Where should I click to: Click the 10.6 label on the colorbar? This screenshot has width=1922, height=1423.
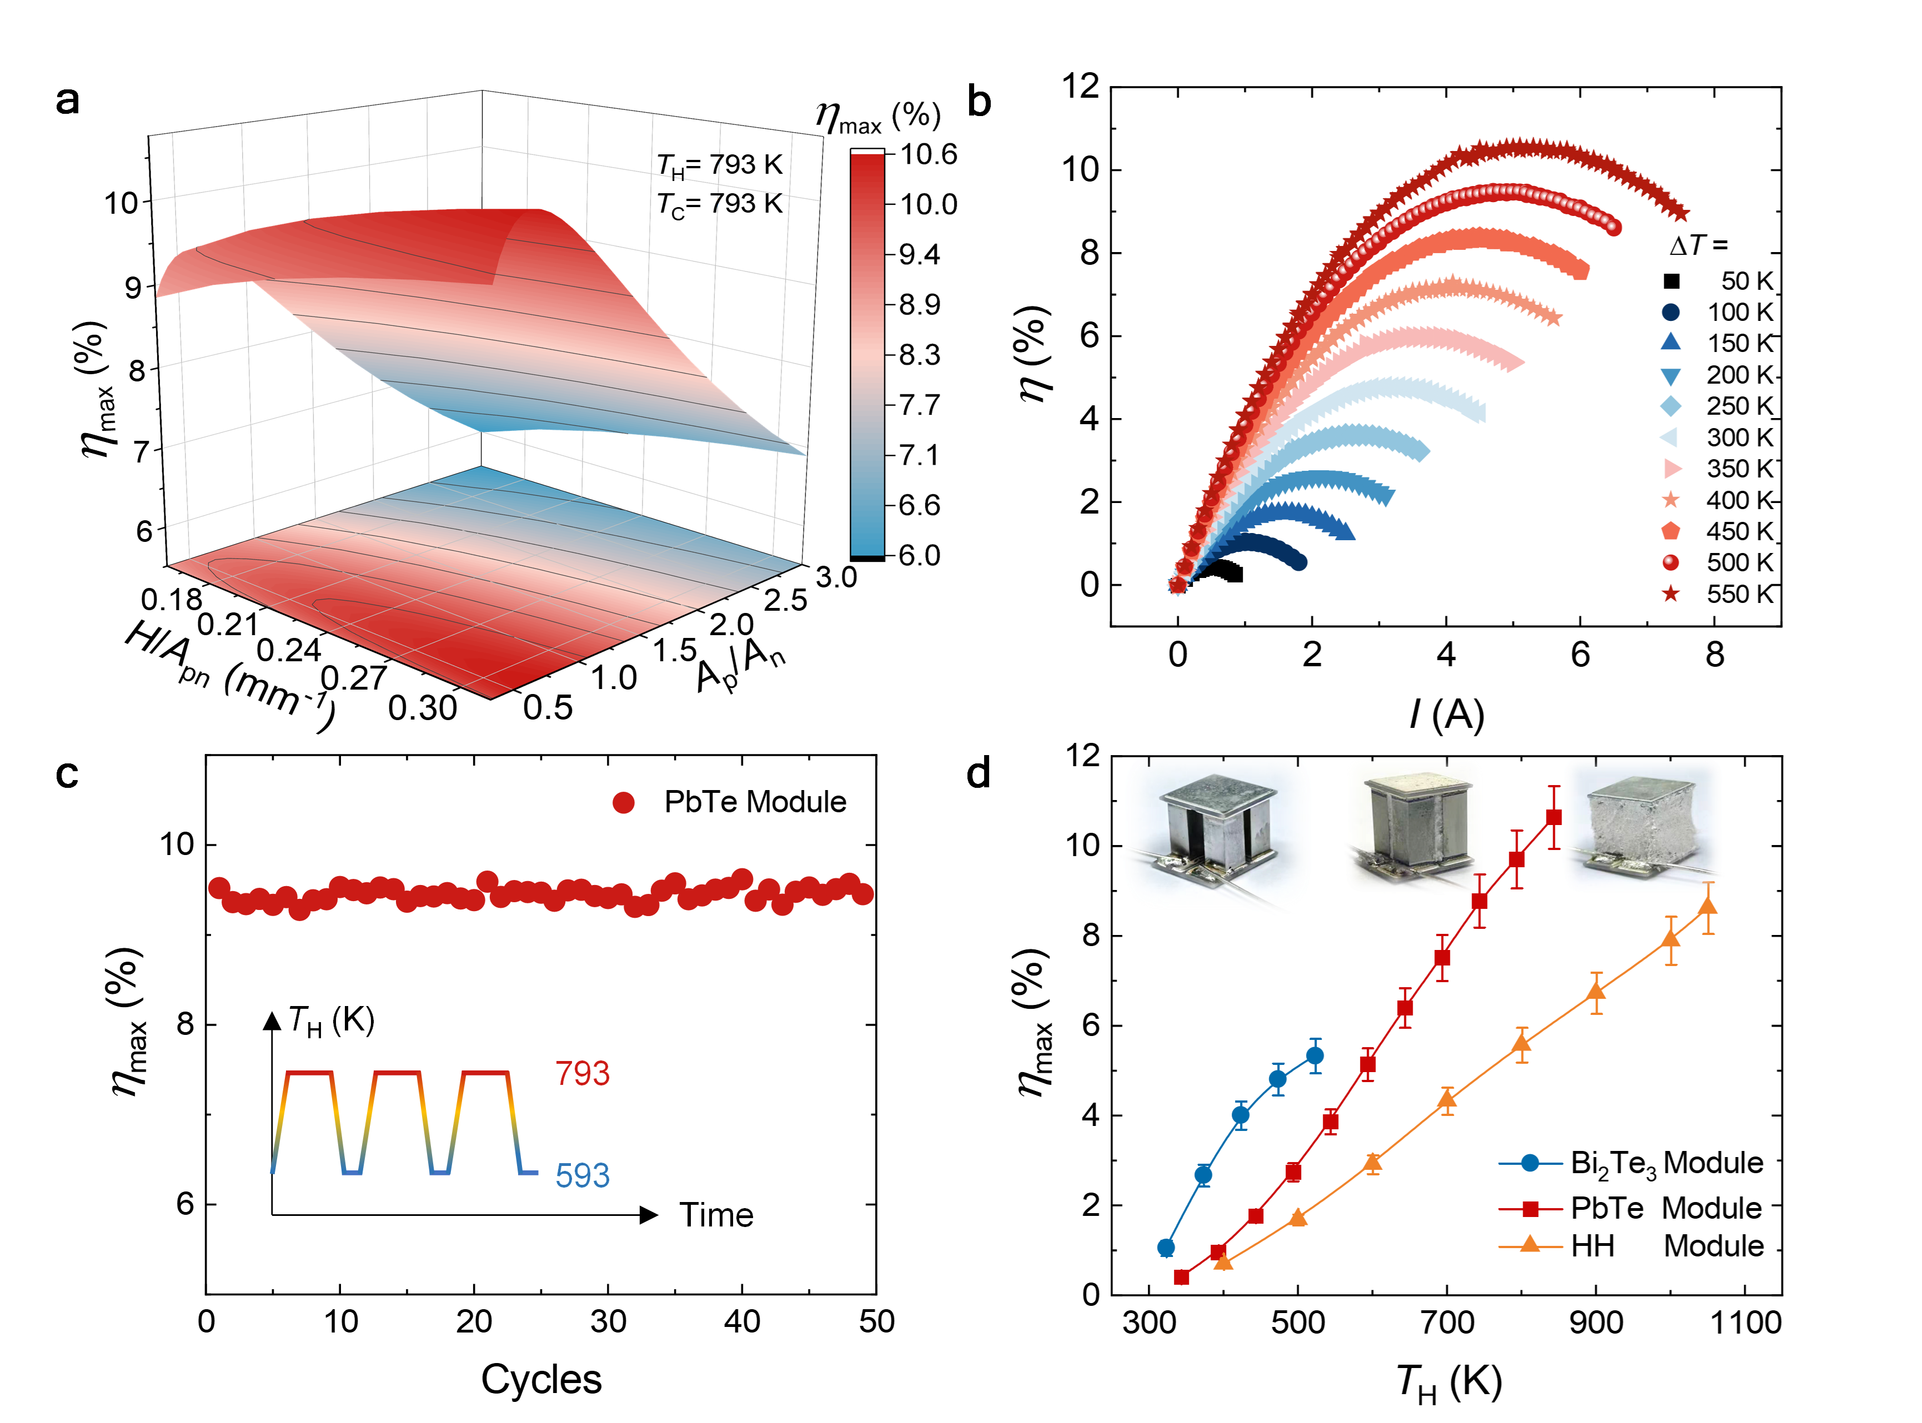tap(928, 154)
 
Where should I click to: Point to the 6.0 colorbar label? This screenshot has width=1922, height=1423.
tap(919, 555)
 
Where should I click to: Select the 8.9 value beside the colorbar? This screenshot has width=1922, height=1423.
tap(919, 304)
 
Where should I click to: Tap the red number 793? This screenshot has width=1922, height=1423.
tap(583, 1073)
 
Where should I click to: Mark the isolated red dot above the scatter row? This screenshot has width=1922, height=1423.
tap(623, 803)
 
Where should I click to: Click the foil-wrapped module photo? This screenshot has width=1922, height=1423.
tap(1642, 826)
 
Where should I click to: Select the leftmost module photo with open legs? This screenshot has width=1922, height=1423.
tap(1217, 831)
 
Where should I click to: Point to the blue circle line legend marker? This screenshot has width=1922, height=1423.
tap(1530, 1163)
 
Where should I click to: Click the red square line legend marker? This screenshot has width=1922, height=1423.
tap(1530, 1209)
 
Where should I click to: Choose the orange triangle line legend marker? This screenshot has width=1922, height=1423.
tap(1530, 1243)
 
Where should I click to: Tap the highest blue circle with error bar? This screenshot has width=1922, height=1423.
tap(1314, 1055)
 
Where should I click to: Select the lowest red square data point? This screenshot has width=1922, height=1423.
tap(1182, 1278)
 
